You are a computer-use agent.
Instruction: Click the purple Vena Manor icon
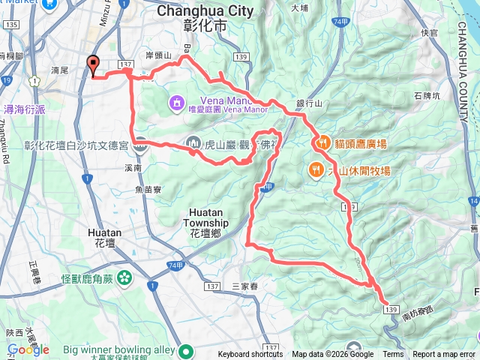coord(175,101)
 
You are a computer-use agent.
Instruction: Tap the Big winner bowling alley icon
coord(185,350)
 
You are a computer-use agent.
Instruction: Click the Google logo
coord(28,349)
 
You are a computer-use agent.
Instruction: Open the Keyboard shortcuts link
coord(250,355)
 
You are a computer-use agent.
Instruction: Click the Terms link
coord(393,355)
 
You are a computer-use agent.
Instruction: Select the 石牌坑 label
coord(427,95)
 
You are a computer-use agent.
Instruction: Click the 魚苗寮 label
coord(149,190)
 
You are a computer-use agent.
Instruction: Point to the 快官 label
coord(430,32)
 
